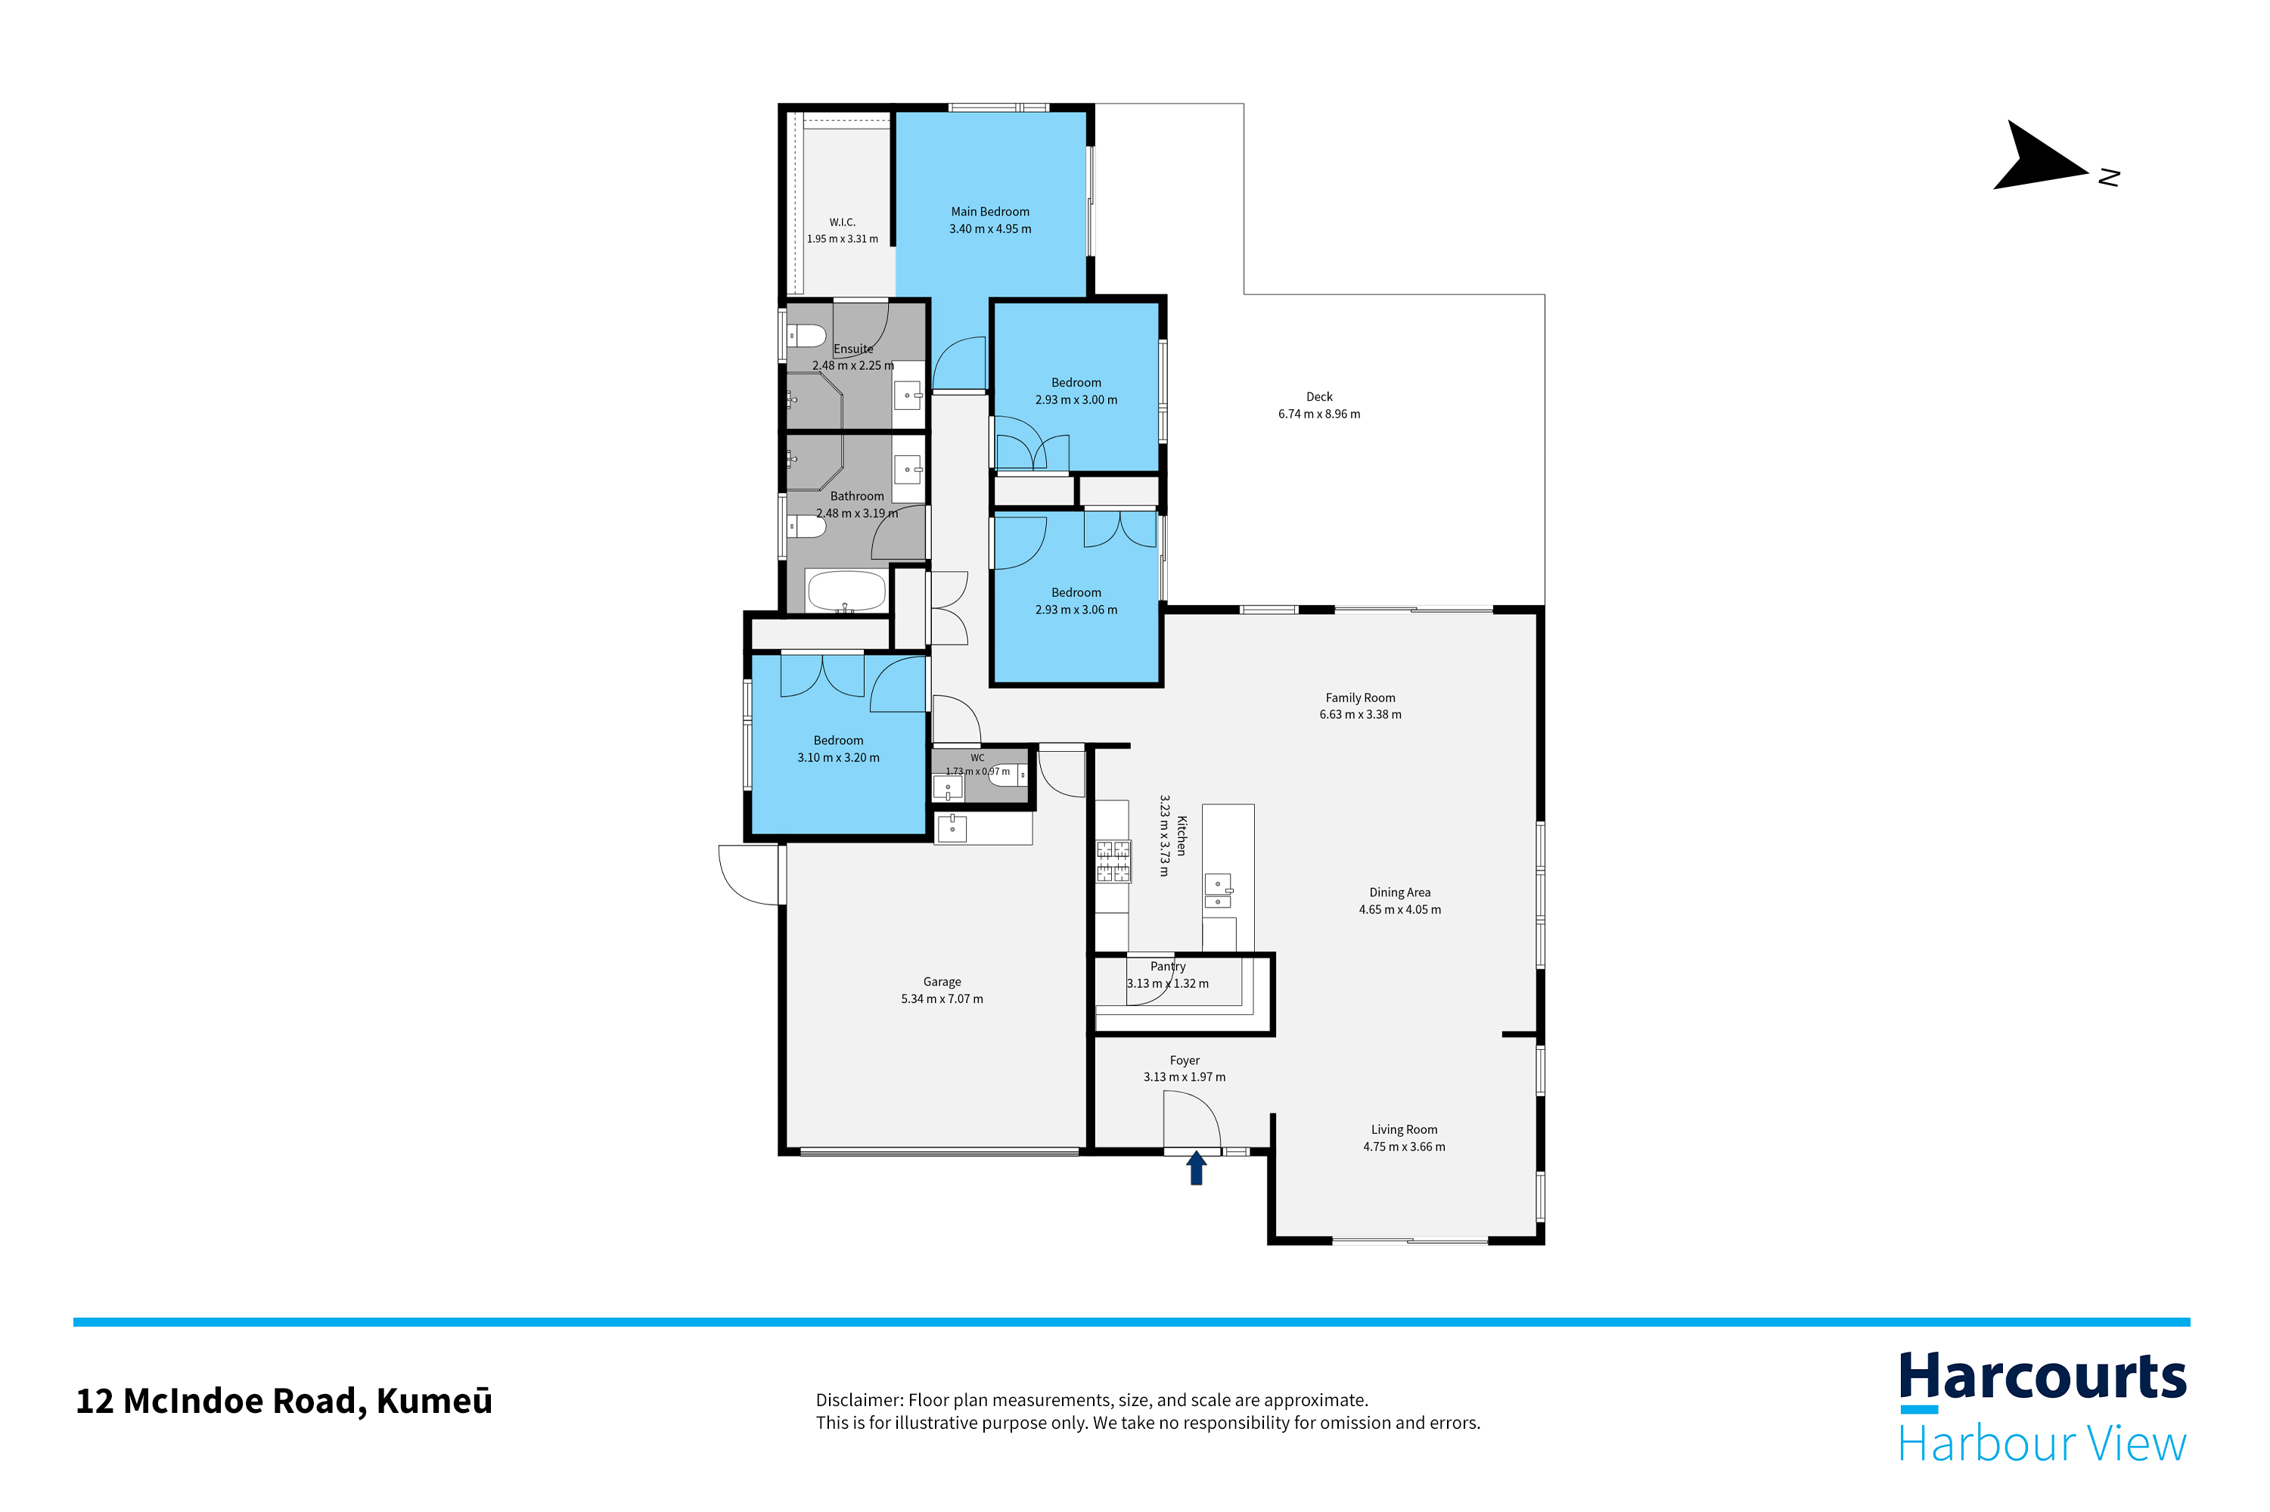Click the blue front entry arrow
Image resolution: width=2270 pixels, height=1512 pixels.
click(1196, 1168)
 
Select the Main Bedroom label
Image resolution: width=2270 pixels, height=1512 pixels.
click(989, 212)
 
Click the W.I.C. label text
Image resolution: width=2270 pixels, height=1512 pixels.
click(842, 222)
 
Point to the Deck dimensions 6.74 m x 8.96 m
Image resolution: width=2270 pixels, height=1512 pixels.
click(1318, 414)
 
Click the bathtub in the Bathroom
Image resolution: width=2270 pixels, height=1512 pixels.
click(846, 591)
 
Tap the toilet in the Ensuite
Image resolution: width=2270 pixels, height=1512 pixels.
click(807, 337)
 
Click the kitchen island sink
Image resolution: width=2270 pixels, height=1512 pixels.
click(1217, 891)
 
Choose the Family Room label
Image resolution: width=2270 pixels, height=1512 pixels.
click(1360, 698)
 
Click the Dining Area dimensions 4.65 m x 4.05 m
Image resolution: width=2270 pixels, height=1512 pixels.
click(1399, 909)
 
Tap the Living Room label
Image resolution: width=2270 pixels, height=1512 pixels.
click(1403, 1129)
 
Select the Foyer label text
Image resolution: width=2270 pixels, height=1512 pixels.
click(1185, 1060)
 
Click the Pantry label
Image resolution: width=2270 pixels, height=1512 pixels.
click(1167, 966)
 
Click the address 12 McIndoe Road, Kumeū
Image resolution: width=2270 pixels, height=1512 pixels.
click(284, 1401)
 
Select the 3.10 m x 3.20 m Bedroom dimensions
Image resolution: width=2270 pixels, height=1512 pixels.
click(838, 758)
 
